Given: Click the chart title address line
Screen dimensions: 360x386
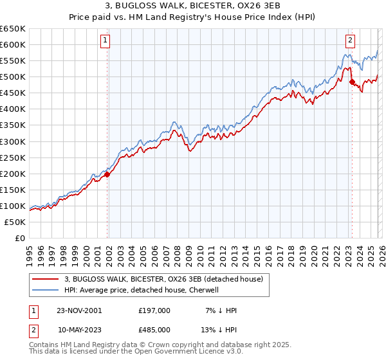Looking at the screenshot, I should (x=193, y=6).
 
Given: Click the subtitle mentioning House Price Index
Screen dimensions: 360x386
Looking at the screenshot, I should (x=193, y=17).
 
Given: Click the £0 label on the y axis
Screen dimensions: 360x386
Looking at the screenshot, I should (x=20, y=238).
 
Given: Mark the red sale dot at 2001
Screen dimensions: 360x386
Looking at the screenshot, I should (x=107, y=174).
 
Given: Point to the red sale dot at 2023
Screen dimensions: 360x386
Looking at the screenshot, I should (x=351, y=82).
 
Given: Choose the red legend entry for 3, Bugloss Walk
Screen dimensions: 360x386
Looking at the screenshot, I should (x=163, y=280).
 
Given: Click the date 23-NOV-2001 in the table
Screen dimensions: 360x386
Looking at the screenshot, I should (x=79, y=310).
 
